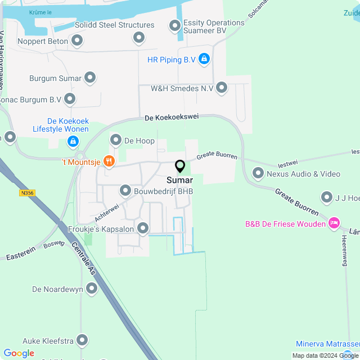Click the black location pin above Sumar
pyautogui.click(x=180, y=166)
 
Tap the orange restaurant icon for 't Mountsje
pyautogui.click(x=109, y=162)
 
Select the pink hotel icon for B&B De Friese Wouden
pyautogui.click(x=335, y=224)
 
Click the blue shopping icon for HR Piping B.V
pyautogui.click(x=204, y=58)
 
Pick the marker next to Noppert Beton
pyautogui.click(x=78, y=40)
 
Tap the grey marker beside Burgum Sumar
pyautogui.click(x=91, y=78)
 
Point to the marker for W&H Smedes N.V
pyautogui.click(x=222, y=88)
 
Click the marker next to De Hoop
pyautogui.click(x=116, y=140)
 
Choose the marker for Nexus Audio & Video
pyautogui.click(x=258, y=173)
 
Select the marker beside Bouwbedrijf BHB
pyautogui.click(x=125, y=191)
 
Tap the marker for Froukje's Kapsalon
pyautogui.click(x=143, y=228)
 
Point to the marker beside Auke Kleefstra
pyautogui.click(x=83, y=340)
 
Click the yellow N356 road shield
pyautogui.click(x=26, y=193)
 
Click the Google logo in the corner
pyautogui.click(x=19, y=353)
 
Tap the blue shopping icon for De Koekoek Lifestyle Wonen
pyautogui.click(x=73, y=140)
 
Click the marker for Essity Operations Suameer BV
pyautogui.click(x=175, y=25)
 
